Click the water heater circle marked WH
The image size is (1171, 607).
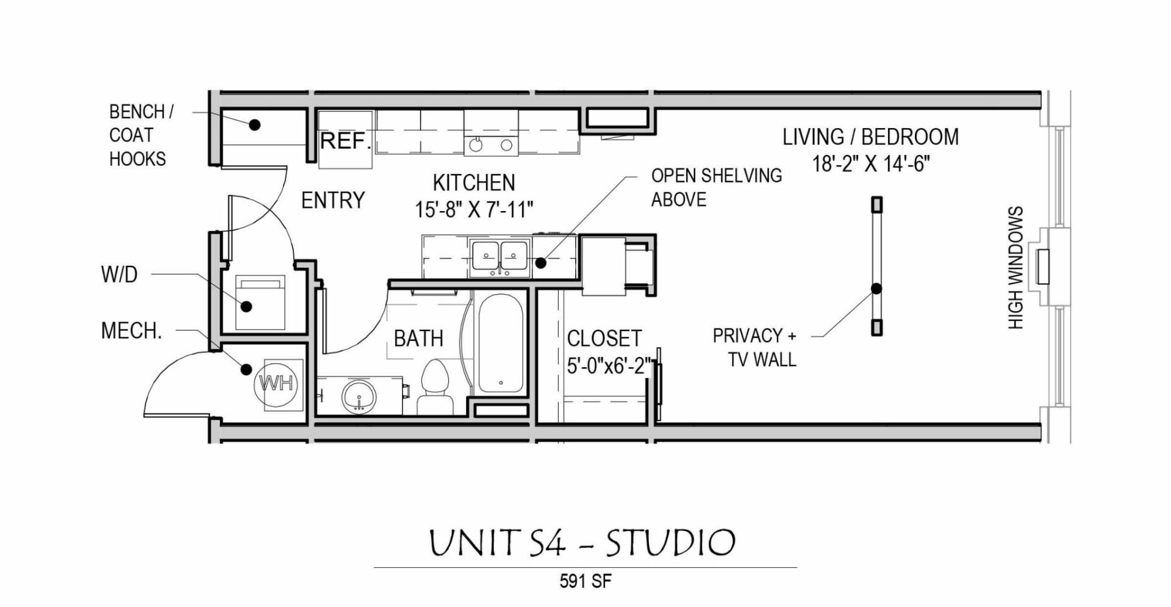[277, 383]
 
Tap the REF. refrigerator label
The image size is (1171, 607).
[345, 141]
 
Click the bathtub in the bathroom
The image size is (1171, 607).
[500, 343]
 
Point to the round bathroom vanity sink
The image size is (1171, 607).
[360, 397]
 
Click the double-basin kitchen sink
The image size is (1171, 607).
[499, 257]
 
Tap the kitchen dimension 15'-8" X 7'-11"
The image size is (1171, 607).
[474, 210]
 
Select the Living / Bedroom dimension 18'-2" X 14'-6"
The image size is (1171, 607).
[870, 163]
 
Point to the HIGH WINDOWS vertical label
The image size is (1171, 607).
[1015, 268]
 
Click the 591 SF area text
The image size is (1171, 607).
[585, 581]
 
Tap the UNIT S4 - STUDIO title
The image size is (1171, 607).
[582, 542]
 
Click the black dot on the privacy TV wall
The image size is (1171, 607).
[876, 289]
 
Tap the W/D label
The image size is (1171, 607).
[119, 275]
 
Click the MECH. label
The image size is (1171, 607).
[131, 331]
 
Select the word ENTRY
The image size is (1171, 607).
[333, 200]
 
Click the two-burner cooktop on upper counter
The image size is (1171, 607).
[491, 145]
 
